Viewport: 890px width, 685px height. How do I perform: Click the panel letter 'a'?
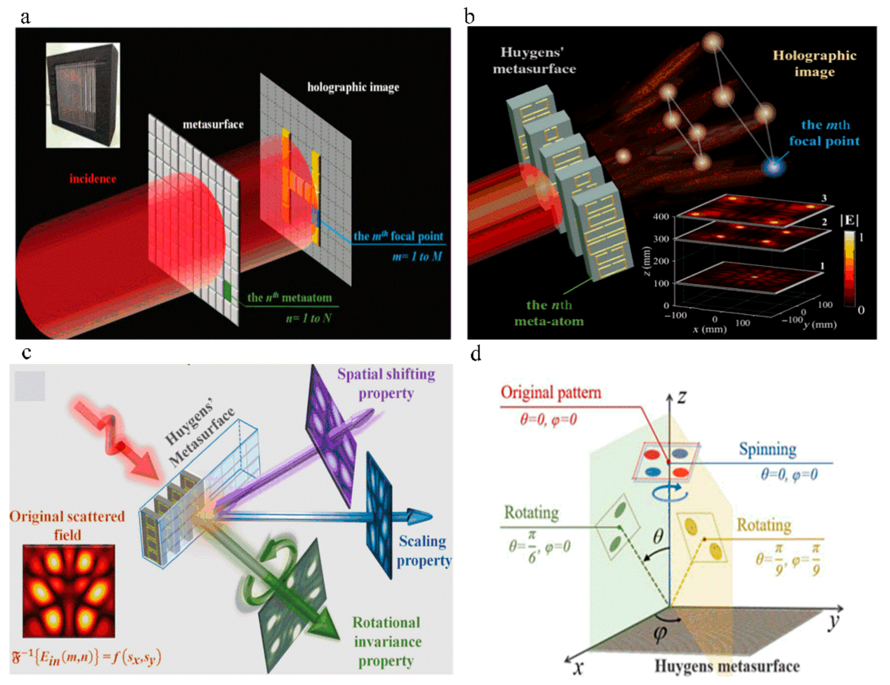click(x=25, y=18)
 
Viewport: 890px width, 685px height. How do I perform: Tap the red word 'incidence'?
click(x=93, y=179)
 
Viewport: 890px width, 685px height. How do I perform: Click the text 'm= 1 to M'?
click(x=417, y=257)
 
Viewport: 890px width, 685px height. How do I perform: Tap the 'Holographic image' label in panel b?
click(x=814, y=63)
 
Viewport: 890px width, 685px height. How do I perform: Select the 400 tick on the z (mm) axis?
click(x=661, y=216)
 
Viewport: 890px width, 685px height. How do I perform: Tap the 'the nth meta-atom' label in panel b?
click(x=549, y=313)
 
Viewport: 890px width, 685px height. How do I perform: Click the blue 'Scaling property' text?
click(x=424, y=551)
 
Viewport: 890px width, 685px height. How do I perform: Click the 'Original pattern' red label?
click(x=551, y=393)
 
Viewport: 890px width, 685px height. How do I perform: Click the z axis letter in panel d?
click(x=682, y=397)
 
